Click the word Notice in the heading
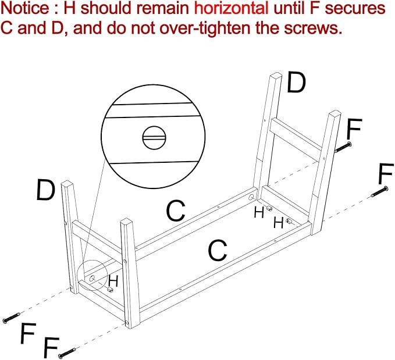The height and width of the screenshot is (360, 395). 25,8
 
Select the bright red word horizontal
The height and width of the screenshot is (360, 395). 232,8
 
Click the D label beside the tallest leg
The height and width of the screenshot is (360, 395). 296,82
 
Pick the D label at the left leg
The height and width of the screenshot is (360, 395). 45,190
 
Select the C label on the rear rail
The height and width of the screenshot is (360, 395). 176,211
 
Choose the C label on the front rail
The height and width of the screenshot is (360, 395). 218,250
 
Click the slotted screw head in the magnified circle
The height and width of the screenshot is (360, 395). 154,138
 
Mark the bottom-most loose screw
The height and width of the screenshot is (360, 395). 67,352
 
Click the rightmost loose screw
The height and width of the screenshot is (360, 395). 380,191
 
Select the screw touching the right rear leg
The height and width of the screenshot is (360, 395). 343,147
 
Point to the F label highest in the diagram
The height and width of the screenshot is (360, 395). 354,129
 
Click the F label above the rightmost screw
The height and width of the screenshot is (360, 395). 386,173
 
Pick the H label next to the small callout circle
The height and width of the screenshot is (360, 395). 113,281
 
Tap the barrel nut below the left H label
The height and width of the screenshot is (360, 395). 110,290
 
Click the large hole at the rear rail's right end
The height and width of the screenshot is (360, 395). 251,197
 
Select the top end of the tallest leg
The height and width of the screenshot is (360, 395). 276,76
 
